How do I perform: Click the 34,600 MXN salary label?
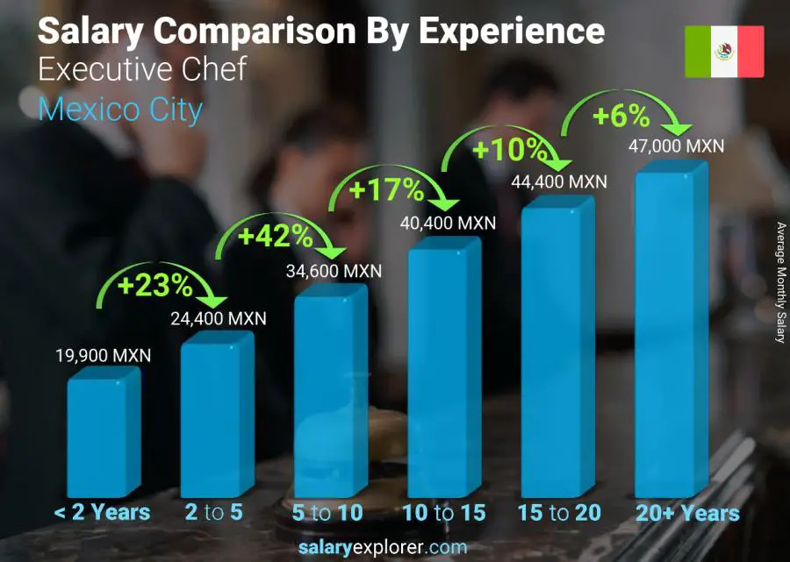pyautogui.click(x=334, y=271)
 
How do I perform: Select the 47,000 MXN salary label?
pyautogui.click(x=677, y=146)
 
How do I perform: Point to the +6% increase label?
pyautogui.click(x=620, y=116)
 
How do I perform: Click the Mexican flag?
pyautogui.click(x=724, y=52)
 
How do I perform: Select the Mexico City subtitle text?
pyautogui.click(x=120, y=110)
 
